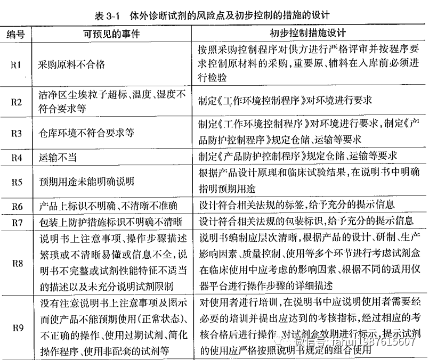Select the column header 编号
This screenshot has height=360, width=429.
coord(16,35)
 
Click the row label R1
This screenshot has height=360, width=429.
coord(16,64)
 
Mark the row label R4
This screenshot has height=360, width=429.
coord(16,158)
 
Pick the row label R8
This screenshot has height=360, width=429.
coord(16,262)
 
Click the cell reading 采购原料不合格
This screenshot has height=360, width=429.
coord(72,64)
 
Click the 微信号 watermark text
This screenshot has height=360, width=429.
coord(368,341)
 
